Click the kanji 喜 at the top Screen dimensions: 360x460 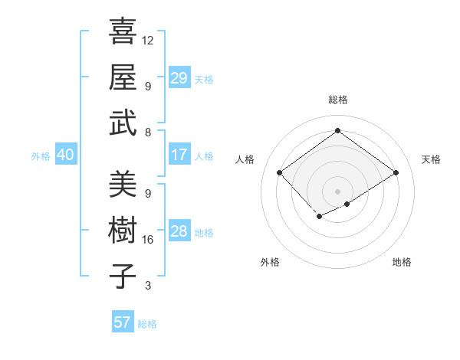123,31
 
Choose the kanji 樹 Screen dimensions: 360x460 123,230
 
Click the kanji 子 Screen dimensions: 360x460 123,275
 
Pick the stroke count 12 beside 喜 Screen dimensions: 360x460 148,40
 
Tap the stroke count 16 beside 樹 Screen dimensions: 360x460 148,240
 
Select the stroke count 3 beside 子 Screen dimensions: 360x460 147,285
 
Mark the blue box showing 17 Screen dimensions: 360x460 179,155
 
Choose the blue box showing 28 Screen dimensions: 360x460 179,231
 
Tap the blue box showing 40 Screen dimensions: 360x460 65,155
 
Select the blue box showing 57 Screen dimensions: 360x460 122,322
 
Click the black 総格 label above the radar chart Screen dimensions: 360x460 337,100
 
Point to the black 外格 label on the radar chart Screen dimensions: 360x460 270,263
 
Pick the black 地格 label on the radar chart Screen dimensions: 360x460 402,263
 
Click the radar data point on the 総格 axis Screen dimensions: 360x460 337,130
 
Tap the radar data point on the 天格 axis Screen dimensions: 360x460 396,173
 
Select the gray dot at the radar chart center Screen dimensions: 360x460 337,191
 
